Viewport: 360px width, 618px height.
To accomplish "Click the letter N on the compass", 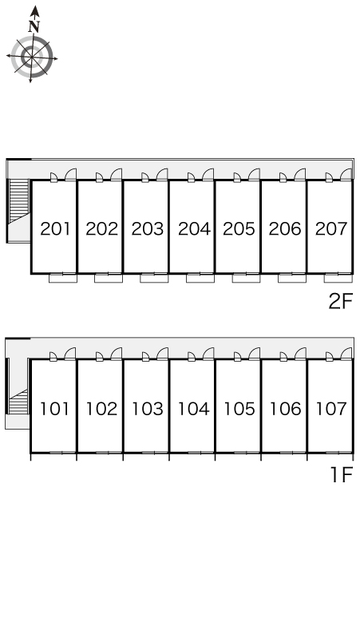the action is tap(34, 26).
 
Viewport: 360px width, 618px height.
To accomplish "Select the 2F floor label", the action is tap(340, 302).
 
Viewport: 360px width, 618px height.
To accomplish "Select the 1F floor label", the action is tap(341, 474).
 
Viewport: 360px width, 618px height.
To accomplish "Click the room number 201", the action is tap(55, 228).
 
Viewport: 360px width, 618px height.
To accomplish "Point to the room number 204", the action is tap(194, 228).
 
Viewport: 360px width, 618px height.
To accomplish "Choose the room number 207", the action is tap(331, 228).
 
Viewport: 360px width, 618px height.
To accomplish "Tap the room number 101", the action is tap(55, 408).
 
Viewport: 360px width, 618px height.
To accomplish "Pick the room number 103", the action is tap(148, 408).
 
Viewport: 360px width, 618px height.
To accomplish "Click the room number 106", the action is tap(285, 408).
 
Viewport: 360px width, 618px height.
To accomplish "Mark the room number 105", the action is tap(239, 408).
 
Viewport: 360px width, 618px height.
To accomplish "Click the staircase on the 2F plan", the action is tap(19, 200).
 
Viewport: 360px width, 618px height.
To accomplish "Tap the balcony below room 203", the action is tap(154, 278).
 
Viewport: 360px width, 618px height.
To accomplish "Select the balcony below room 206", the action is tap(292, 278).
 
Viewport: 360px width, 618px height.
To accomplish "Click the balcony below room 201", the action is tap(63, 278).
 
